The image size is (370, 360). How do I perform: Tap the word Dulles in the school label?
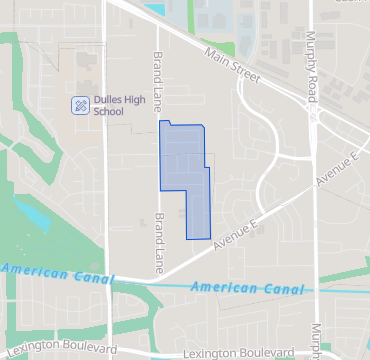[x=107, y=100]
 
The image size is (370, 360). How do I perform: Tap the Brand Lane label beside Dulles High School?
[x=157, y=70]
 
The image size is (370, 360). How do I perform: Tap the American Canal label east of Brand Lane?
[x=246, y=288]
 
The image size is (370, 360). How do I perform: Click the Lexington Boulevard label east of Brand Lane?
[x=239, y=354]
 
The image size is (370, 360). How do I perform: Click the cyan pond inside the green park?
[x=30, y=212]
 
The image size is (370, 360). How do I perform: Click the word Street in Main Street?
[x=245, y=71]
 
